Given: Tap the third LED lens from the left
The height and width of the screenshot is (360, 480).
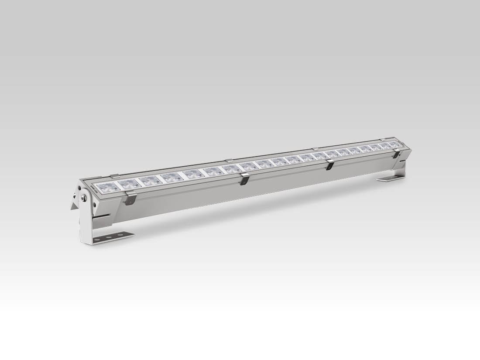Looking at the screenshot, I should [x=149, y=180].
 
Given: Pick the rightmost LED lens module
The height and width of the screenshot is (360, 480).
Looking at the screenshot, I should [x=394, y=144].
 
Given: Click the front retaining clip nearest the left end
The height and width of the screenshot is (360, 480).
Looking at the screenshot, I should [x=130, y=198].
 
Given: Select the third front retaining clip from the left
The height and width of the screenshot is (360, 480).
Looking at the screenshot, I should [x=330, y=165].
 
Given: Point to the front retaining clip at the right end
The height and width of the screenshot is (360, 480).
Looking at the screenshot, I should [x=397, y=154].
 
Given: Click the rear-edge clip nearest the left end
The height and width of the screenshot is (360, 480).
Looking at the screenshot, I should [x=114, y=176].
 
